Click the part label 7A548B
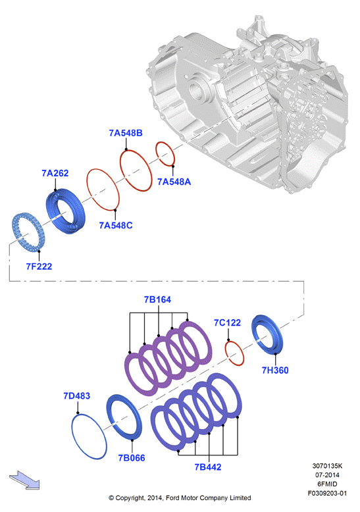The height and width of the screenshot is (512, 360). point(126,133)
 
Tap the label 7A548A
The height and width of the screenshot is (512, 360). point(174,182)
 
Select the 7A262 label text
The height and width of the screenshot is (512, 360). point(55,173)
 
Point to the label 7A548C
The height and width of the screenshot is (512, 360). point(116,225)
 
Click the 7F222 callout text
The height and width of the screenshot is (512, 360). point(39,267)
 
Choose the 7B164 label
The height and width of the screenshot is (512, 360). point(157,299)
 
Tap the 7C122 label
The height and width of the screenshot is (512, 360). point(227,322)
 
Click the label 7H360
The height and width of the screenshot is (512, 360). point(275,371)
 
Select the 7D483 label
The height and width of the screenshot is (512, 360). point(77,396)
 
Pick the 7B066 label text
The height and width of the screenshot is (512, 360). point(132,458)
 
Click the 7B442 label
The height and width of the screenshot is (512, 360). point(208,467)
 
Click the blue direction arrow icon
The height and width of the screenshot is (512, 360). point(24,480)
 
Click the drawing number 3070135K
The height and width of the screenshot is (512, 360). point(327,466)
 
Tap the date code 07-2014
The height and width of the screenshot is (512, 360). point(327,475)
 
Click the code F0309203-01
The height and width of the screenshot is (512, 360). point(327,494)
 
